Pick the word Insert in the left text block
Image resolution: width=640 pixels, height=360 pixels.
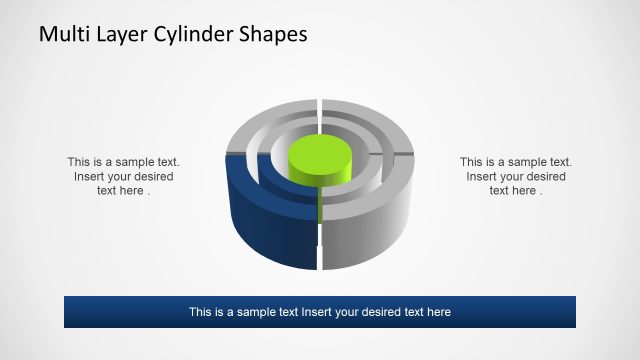92,177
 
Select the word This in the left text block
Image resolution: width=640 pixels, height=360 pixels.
80,162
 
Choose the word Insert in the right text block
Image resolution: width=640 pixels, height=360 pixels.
484,177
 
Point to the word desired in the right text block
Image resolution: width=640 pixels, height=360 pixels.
544,177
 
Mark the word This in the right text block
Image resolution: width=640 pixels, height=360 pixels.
472,162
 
